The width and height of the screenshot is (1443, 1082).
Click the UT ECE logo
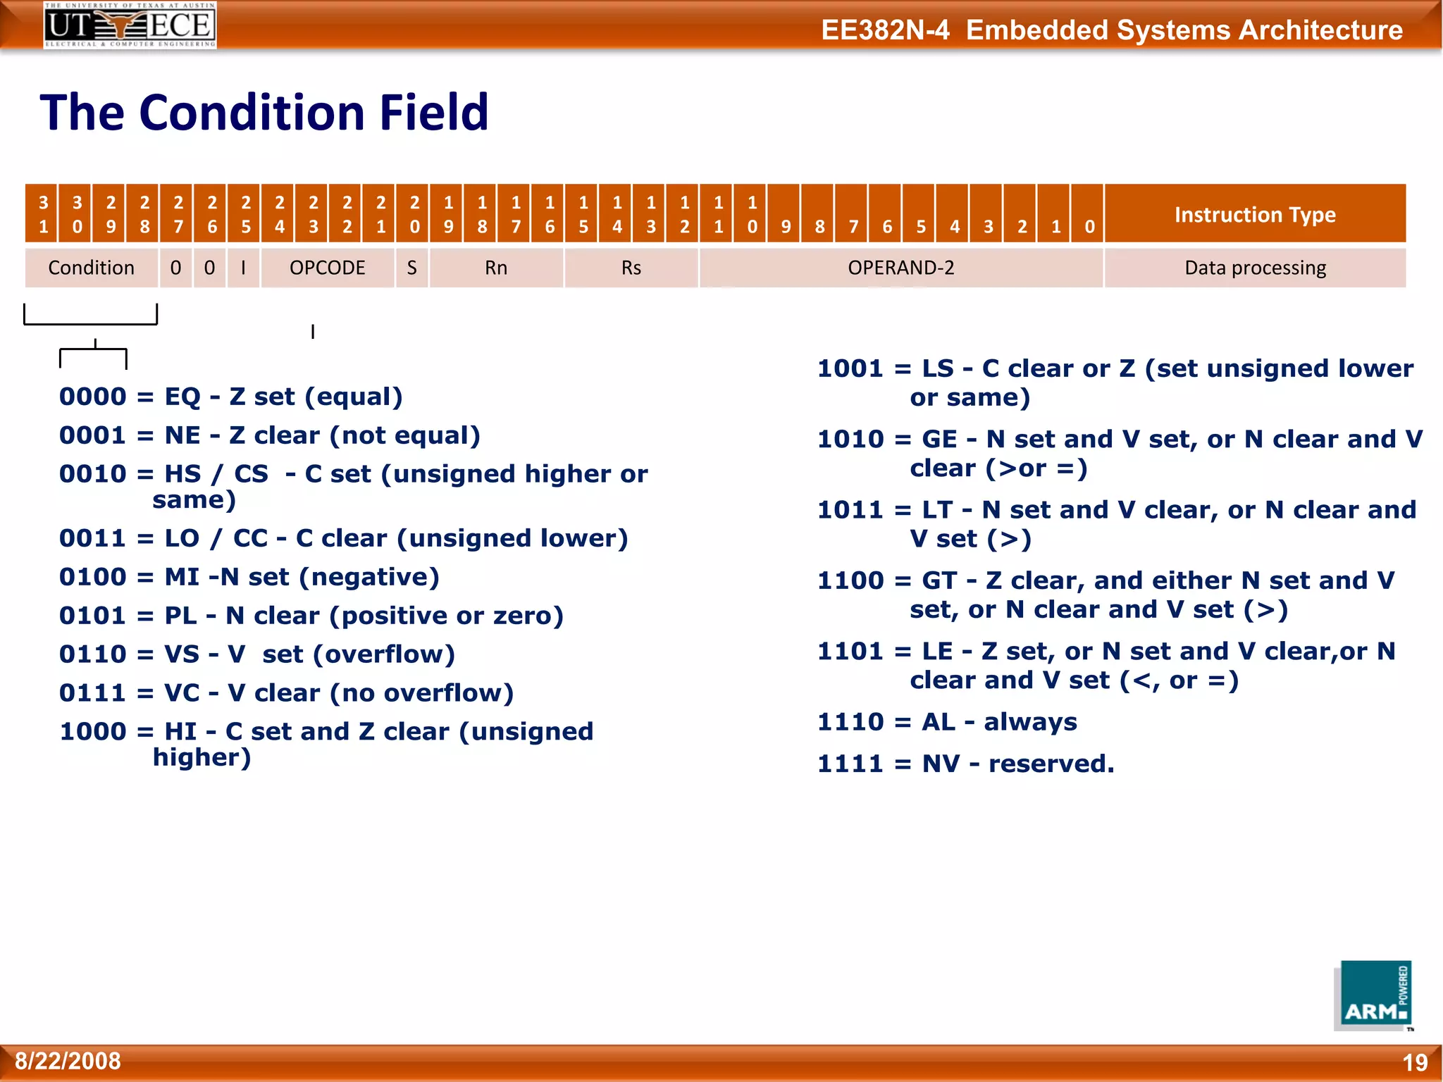coord(130,25)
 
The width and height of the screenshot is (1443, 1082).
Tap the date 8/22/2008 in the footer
coord(68,1061)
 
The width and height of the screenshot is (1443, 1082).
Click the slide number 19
coord(1414,1062)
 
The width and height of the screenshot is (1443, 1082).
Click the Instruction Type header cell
coord(1254,214)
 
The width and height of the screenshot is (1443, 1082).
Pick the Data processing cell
coord(1254,268)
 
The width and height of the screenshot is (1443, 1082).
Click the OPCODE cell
coord(327,268)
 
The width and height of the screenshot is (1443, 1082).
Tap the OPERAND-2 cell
coord(900,268)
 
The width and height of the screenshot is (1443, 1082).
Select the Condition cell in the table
coord(91,268)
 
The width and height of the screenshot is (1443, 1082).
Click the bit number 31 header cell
coord(43,214)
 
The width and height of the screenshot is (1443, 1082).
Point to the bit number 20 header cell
coord(414,214)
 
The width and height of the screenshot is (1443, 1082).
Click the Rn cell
coord(495,268)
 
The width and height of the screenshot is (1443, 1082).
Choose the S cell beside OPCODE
coord(412,268)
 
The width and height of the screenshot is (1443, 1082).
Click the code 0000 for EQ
coord(92,397)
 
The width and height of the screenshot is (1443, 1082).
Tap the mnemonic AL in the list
coord(939,722)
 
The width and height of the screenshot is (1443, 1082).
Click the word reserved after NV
coord(1051,764)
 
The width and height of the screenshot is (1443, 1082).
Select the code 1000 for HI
coord(92,731)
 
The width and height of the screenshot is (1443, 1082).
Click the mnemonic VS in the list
coord(182,654)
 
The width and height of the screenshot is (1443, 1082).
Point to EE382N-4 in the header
coord(885,30)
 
